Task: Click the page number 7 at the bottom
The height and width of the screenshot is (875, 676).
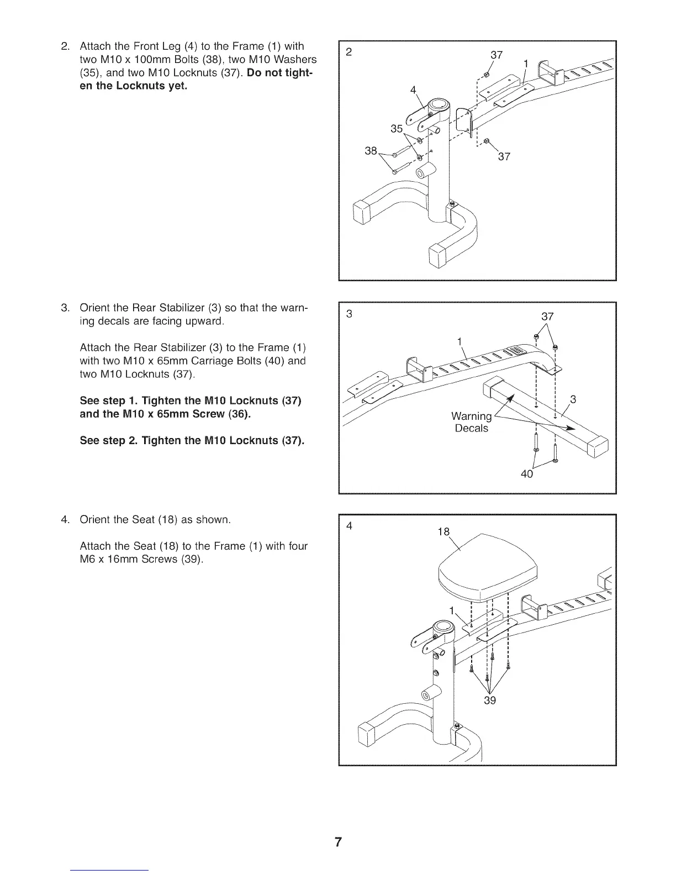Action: tap(338, 842)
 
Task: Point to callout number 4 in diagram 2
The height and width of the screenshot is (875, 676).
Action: tap(412, 91)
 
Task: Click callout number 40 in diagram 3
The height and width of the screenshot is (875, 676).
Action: tap(527, 474)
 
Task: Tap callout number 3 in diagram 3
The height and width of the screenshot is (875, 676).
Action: tap(573, 399)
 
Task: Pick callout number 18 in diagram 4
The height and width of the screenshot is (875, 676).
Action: tap(443, 531)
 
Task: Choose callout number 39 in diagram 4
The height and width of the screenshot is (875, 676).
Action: tap(489, 701)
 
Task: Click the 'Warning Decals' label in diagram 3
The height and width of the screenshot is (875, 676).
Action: tap(471, 422)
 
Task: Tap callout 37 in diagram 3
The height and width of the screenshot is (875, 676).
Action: tap(547, 317)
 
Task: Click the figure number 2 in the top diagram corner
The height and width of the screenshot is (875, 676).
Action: tap(348, 52)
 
